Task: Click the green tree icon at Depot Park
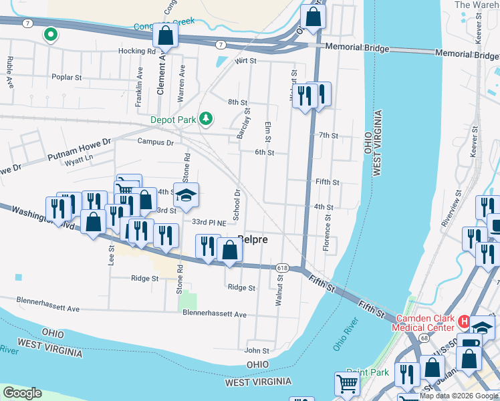tap(207, 119)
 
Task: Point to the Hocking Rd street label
tap(137, 51)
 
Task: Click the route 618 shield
tap(281, 267)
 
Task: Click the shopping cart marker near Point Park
tap(347, 384)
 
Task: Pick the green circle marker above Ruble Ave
tap(49, 33)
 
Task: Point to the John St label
tap(257, 350)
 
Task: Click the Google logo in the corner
tap(22, 393)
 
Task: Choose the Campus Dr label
tap(155, 142)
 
